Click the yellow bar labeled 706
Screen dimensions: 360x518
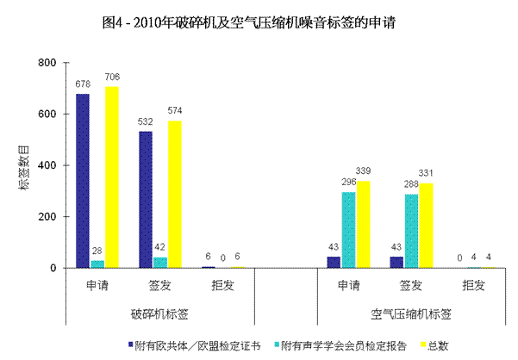(x=112, y=177)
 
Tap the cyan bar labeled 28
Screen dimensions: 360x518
(x=97, y=264)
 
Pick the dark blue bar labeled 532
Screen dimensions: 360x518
(x=145, y=200)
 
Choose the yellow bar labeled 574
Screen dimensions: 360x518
(x=175, y=195)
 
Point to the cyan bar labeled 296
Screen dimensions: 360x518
(x=348, y=230)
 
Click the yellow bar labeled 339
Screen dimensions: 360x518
(x=363, y=225)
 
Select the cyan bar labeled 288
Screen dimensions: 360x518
(x=410, y=231)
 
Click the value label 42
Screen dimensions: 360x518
(x=159, y=247)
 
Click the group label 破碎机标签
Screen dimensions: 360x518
(x=159, y=314)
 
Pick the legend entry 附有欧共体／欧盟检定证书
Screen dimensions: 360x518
(x=195, y=345)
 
